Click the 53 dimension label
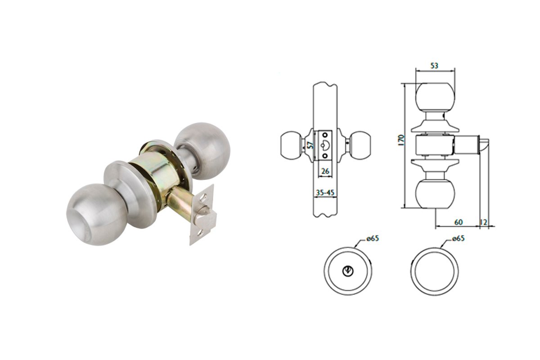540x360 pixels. [x=434, y=66]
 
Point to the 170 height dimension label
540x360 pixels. [x=401, y=140]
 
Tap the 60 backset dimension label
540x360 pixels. [x=458, y=222]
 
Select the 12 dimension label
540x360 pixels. [x=484, y=222]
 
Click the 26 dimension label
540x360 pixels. [x=325, y=171]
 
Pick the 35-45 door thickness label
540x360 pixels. [x=325, y=193]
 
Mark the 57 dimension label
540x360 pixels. [x=311, y=145]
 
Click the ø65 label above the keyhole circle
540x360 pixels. [x=373, y=238]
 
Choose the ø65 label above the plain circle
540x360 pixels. [x=458, y=238]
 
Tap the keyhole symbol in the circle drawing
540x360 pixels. [x=348, y=271]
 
